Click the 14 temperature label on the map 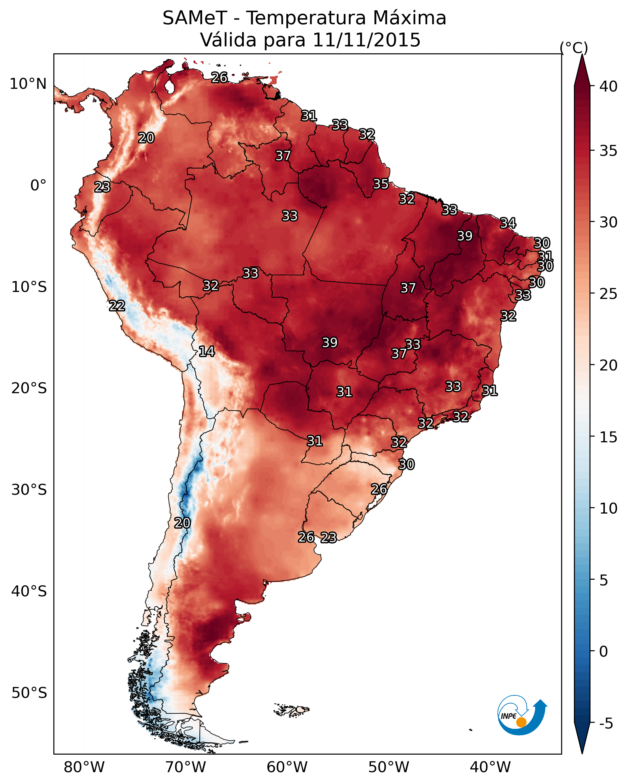pyautogui.click(x=207, y=351)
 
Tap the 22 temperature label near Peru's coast pyautogui.click(x=117, y=306)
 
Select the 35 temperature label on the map pyautogui.click(x=381, y=184)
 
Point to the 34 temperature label pyautogui.click(x=508, y=223)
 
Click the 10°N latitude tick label pyautogui.click(x=28, y=84)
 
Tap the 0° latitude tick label pyautogui.click(x=38, y=186)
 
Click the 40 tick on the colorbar pyautogui.click(x=608, y=86)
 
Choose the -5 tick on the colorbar pyautogui.click(x=606, y=724)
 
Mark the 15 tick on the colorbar pyautogui.click(x=608, y=437)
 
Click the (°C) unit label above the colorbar pyautogui.click(x=574, y=48)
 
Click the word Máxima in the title pyautogui.click(x=409, y=18)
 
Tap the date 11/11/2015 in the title pyautogui.click(x=366, y=40)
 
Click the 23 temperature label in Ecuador pyautogui.click(x=102, y=187)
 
